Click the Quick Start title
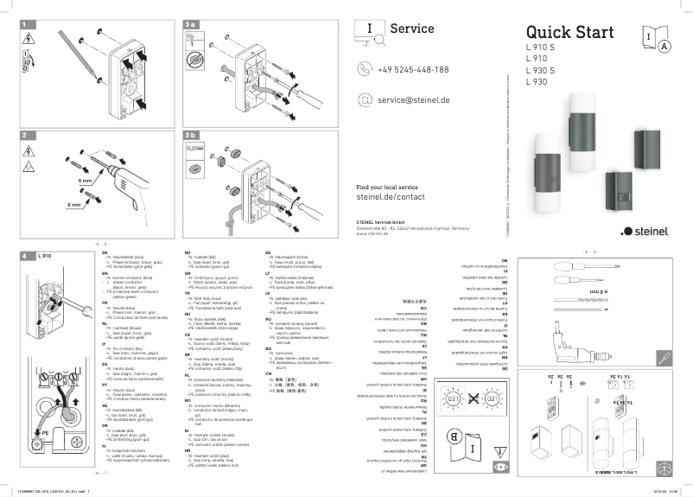pyautogui.click(x=569, y=32)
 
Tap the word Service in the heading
pyautogui.click(x=412, y=28)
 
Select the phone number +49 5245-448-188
pyautogui.click(x=413, y=69)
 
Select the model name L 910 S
pyautogui.click(x=540, y=48)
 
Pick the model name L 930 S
pyautogui.click(x=540, y=71)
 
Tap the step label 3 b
pyautogui.click(x=192, y=136)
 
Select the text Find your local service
pyautogui.click(x=387, y=187)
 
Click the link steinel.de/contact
pyautogui.click(x=391, y=197)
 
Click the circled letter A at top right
pyautogui.click(x=664, y=47)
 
